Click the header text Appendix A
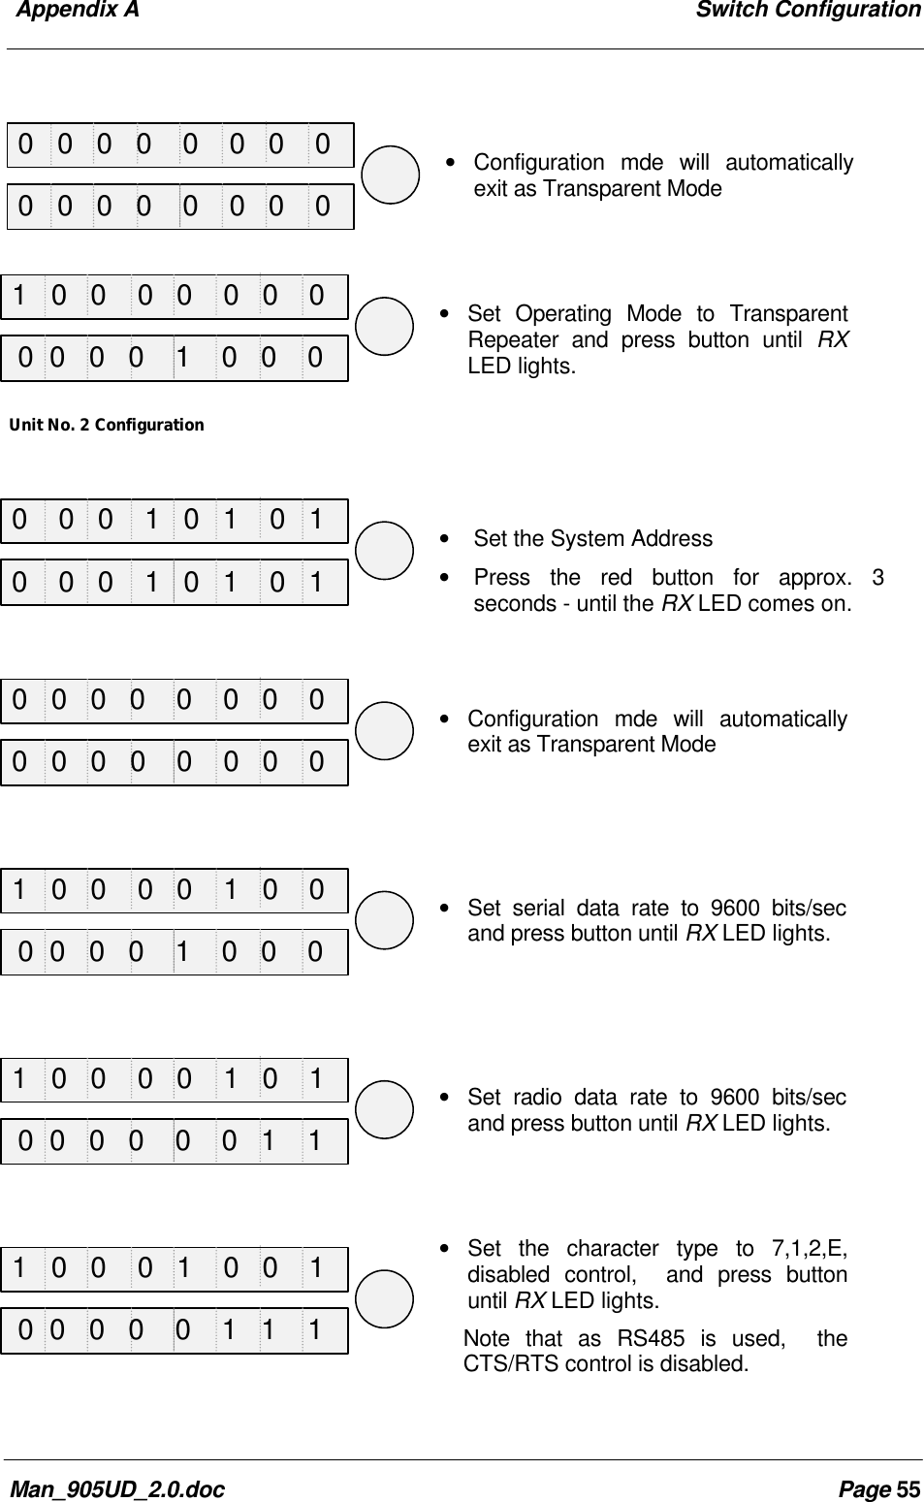(x=78, y=11)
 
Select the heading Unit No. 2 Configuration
(x=107, y=425)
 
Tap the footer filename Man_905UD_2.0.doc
(x=116, y=1488)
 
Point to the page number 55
(x=908, y=1488)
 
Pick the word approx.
(x=815, y=578)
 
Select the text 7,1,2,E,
(x=809, y=1248)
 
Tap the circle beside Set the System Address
(x=384, y=550)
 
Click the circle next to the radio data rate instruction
(x=384, y=1109)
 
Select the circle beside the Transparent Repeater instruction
(x=384, y=327)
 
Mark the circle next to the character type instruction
(x=384, y=1298)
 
